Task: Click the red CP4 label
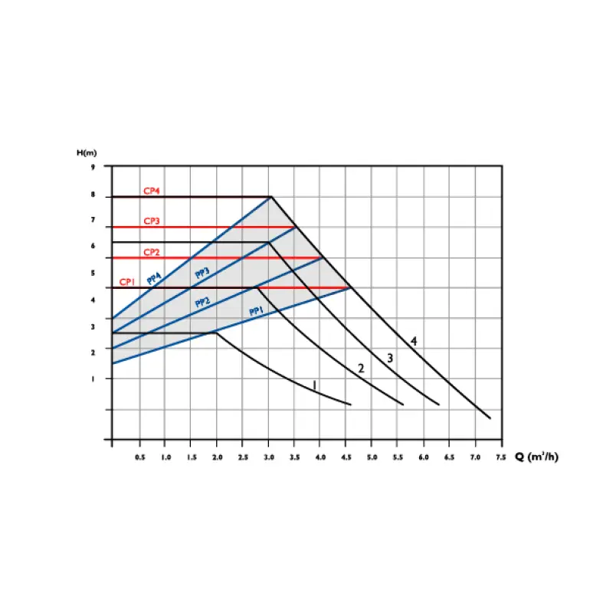[151, 191]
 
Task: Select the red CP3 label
[151, 221]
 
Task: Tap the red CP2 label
[151, 251]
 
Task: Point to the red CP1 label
[126, 282]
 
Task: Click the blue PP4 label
[154, 278]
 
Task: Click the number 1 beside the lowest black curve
[314, 385]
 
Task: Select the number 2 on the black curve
[360, 369]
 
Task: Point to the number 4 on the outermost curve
[414, 341]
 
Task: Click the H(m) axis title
[86, 152]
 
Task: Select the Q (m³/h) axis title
[537, 457]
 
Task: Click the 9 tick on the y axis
[93, 166]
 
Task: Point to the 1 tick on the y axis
[93, 379]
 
